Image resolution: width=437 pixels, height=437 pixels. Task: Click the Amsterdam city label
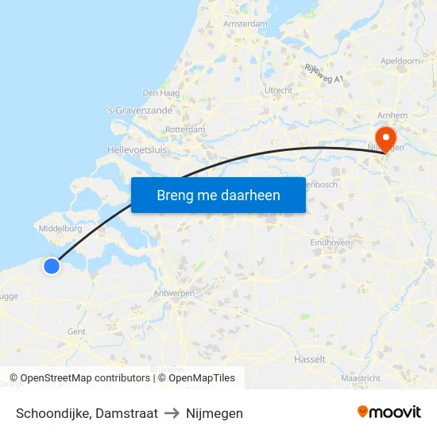(246, 24)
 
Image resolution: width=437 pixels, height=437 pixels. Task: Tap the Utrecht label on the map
(279, 91)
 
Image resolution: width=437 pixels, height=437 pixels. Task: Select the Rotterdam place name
(185, 130)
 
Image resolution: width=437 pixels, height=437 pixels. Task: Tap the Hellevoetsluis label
(137, 149)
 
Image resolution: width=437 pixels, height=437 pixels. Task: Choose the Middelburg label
(60, 229)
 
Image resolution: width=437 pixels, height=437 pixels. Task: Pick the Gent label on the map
(76, 332)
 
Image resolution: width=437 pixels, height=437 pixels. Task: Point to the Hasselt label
(309, 359)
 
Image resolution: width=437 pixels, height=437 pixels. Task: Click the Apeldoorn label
(400, 60)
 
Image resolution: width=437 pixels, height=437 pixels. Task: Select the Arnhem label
(393, 115)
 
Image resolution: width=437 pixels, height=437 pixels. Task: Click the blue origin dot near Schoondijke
(51, 266)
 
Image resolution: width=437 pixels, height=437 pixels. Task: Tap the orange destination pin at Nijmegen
(387, 137)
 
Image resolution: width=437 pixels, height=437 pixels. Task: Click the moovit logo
(389, 412)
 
